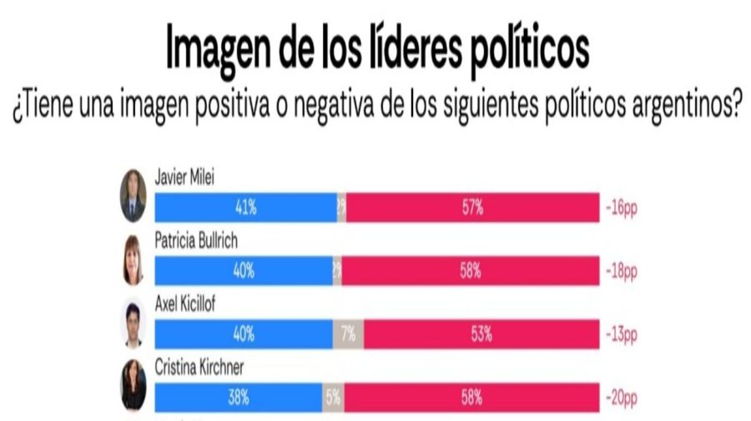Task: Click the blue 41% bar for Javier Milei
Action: pyautogui.click(x=246, y=208)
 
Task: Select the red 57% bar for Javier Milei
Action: pyautogui.click(x=472, y=208)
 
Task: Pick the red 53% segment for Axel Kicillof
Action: pyautogui.click(x=480, y=335)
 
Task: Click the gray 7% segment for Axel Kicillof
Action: pyautogui.click(x=348, y=335)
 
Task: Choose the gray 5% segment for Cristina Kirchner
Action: pyautogui.click(x=333, y=398)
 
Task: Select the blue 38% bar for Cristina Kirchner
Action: pyautogui.click(x=239, y=398)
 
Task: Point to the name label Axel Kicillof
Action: pyautogui.click(x=185, y=303)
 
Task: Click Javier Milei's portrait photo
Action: pyautogui.click(x=133, y=196)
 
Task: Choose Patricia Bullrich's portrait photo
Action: pyautogui.click(x=133, y=259)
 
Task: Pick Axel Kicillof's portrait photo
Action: pyautogui.click(x=133, y=323)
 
